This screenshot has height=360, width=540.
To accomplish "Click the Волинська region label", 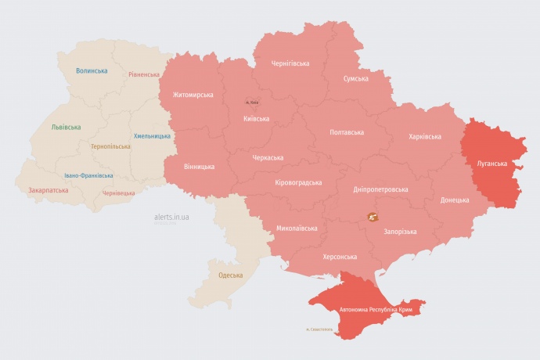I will (92, 71).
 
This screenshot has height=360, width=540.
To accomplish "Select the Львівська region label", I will (65, 127).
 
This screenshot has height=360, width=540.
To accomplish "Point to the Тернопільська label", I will (110, 146).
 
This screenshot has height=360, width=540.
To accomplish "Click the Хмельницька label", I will (152, 136).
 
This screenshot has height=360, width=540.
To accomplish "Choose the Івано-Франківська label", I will (88, 175).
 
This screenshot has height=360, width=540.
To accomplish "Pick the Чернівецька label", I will (119, 193).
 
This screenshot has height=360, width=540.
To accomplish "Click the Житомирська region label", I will (187, 95).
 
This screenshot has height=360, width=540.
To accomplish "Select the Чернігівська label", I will (290, 63).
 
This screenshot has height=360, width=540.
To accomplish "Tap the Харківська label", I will (424, 136).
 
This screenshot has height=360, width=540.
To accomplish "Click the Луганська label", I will (491, 164).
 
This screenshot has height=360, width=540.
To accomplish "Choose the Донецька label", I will (455, 200).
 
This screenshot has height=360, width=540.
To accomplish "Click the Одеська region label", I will (230, 275).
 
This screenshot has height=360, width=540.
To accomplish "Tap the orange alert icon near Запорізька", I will (371, 218).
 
